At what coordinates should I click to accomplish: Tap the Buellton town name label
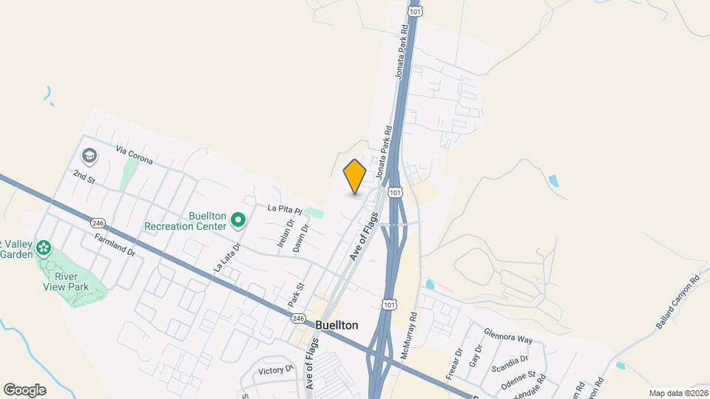337,325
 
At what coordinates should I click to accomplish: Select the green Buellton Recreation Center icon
237,219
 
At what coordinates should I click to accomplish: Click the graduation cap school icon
89,156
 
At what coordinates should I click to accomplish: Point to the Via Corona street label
134,154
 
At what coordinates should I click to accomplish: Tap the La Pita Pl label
285,209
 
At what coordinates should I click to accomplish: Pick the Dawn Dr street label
299,239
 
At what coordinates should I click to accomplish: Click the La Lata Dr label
228,259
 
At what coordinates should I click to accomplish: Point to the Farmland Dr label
115,245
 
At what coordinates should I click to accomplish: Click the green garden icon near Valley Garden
44,247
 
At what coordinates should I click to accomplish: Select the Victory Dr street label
277,369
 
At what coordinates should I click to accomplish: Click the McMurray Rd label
409,336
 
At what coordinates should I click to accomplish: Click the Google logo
24,389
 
